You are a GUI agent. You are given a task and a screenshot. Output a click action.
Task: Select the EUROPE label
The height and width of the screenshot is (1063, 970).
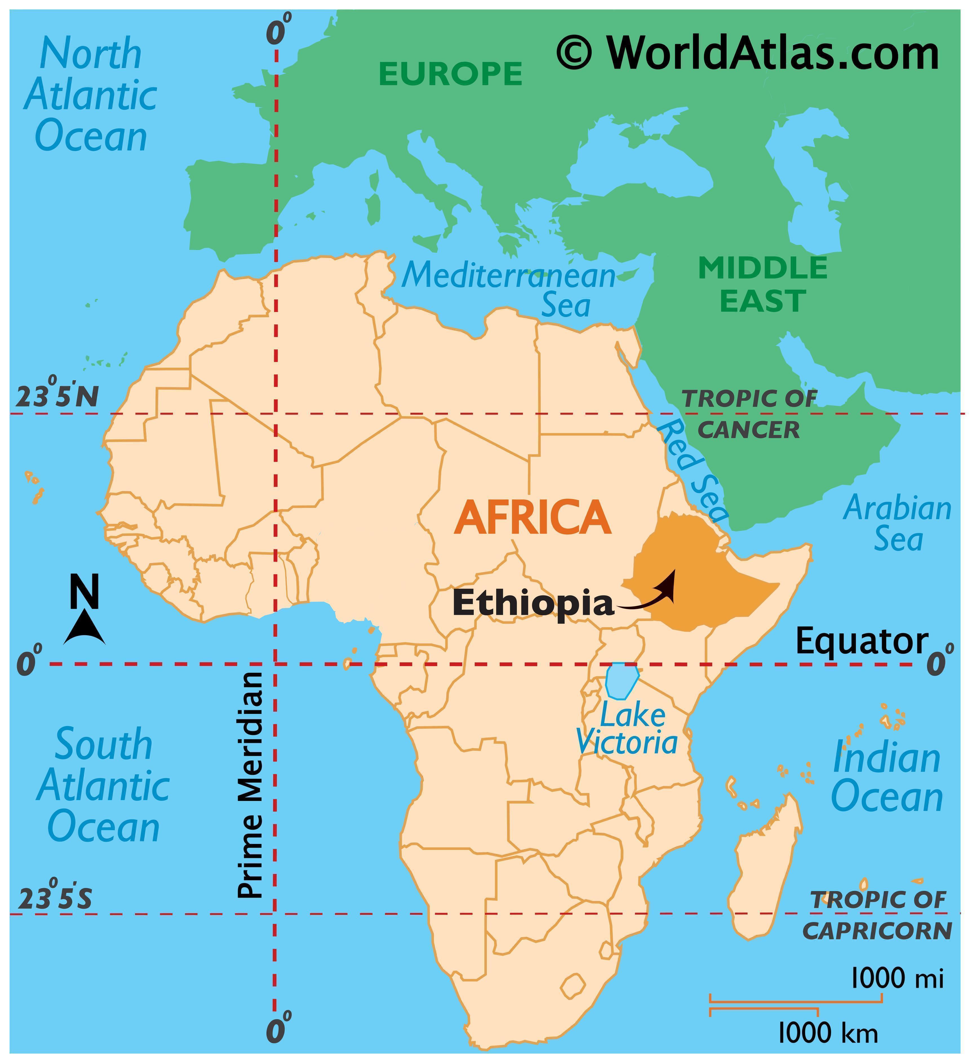[x=450, y=74]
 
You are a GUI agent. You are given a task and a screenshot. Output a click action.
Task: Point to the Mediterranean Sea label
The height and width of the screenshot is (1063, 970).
[x=509, y=290]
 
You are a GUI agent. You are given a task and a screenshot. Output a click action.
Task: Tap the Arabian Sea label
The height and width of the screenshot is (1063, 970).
[x=897, y=524]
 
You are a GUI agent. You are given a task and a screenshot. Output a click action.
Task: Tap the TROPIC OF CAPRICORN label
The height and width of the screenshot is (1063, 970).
[x=877, y=916]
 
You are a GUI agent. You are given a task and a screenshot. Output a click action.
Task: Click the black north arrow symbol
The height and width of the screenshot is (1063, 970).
[x=85, y=627]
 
